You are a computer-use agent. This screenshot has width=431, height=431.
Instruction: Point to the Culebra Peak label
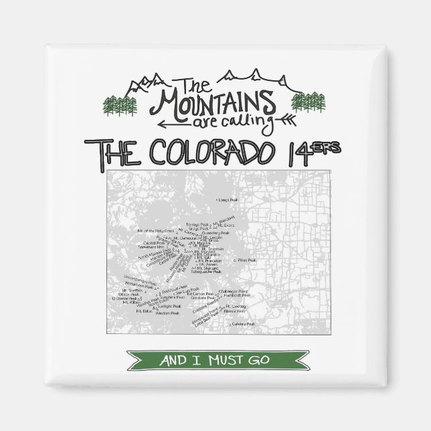pos(244,324)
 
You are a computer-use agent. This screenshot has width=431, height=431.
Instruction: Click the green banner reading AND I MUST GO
pos(215,361)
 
